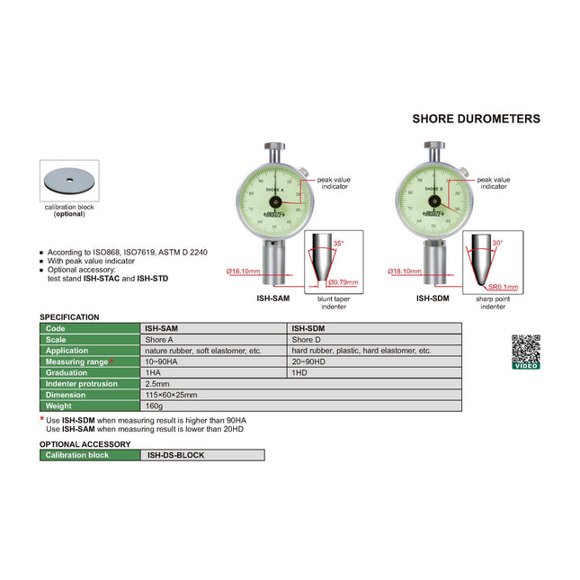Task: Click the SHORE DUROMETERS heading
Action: pyautogui.click(x=476, y=119)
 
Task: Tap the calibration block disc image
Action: pyautogui.click(x=69, y=181)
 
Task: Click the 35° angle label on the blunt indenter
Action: pyautogui.click(x=337, y=244)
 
